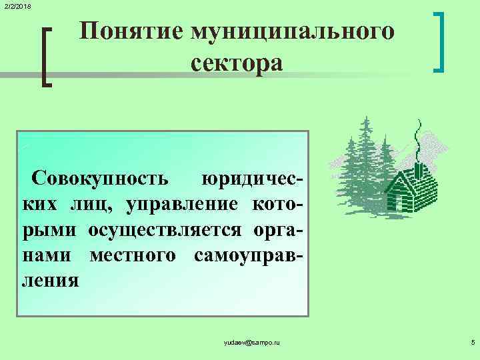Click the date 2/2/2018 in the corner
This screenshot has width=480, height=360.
click(x=16, y=6)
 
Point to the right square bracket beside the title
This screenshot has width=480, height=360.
click(x=439, y=41)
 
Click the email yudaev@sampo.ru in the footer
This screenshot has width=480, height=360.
click(x=253, y=342)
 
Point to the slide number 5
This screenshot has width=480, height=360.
click(x=472, y=342)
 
